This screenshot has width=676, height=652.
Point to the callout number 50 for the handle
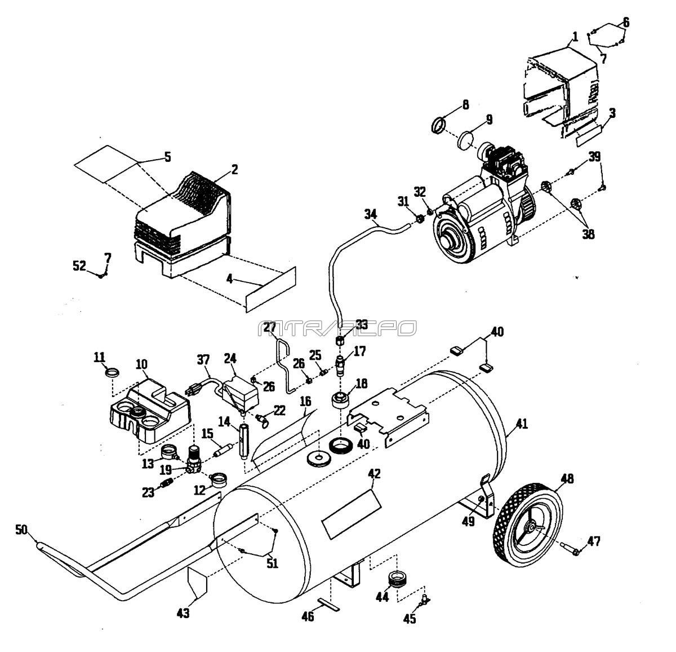[21, 529]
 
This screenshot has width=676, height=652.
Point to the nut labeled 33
[340, 341]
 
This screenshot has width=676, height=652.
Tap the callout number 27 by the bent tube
[270, 327]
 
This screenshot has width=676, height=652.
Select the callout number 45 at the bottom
[410, 619]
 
